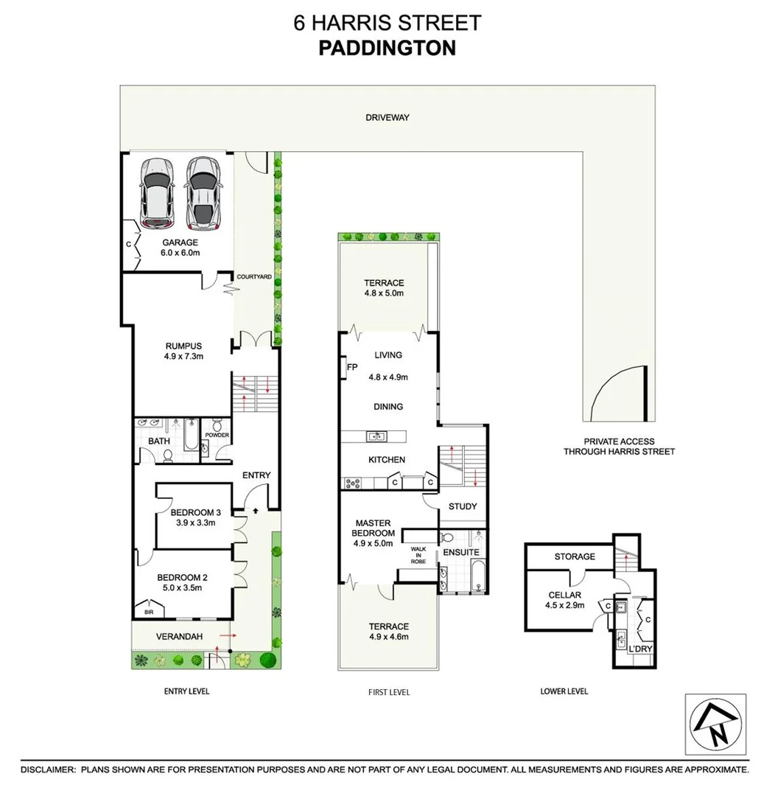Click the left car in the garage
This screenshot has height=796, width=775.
coord(157,194)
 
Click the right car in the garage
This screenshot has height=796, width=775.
coord(203,194)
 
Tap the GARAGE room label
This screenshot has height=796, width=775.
coord(180,247)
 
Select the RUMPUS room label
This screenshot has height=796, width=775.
coord(183,351)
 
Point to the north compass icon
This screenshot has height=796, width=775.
coord(715,724)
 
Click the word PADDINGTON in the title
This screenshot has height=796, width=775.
coord(387,48)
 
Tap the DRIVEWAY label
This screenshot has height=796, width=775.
coord(387,117)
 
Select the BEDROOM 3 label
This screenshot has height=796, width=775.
coord(195,517)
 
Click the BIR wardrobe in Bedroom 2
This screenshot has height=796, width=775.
coord(149,611)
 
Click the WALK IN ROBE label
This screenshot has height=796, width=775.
coord(418,555)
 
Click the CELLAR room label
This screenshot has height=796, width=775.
coord(565,601)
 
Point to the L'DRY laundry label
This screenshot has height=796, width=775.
coord(640,649)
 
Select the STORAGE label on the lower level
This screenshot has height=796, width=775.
coord(575,556)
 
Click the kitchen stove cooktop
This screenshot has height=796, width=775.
coord(351,483)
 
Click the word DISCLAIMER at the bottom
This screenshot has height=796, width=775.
coord(47,769)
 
